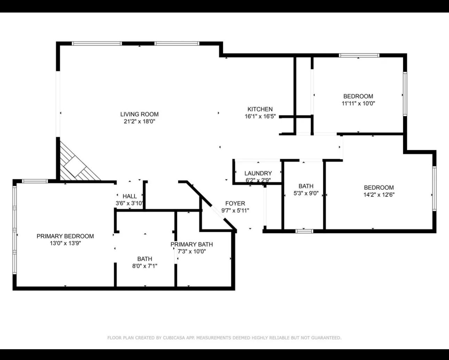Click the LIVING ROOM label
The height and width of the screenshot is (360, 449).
[139, 114]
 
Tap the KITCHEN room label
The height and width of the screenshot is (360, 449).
[260, 109]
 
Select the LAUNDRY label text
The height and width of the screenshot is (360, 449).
[258, 173]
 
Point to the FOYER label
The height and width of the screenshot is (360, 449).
[235, 204]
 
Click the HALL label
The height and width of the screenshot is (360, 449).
[129, 196]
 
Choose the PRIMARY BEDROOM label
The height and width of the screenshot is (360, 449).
[65, 236]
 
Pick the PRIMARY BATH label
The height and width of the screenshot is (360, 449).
[191, 244]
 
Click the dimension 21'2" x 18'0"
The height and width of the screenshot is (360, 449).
[139, 122]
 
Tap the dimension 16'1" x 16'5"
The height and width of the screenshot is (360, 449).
[260, 117]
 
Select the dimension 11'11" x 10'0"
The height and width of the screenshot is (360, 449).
[358, 103]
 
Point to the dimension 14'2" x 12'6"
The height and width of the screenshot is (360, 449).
[379, 195]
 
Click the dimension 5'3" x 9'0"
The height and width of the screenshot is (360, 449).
[306, 194]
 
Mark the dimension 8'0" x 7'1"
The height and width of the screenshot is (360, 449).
[144, 266]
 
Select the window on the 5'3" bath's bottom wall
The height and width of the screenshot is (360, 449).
[304, 231]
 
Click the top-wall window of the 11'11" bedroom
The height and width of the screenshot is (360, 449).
[359, 55]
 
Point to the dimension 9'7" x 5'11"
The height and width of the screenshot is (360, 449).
[235, 211]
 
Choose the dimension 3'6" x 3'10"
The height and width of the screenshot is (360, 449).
[129, 203]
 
